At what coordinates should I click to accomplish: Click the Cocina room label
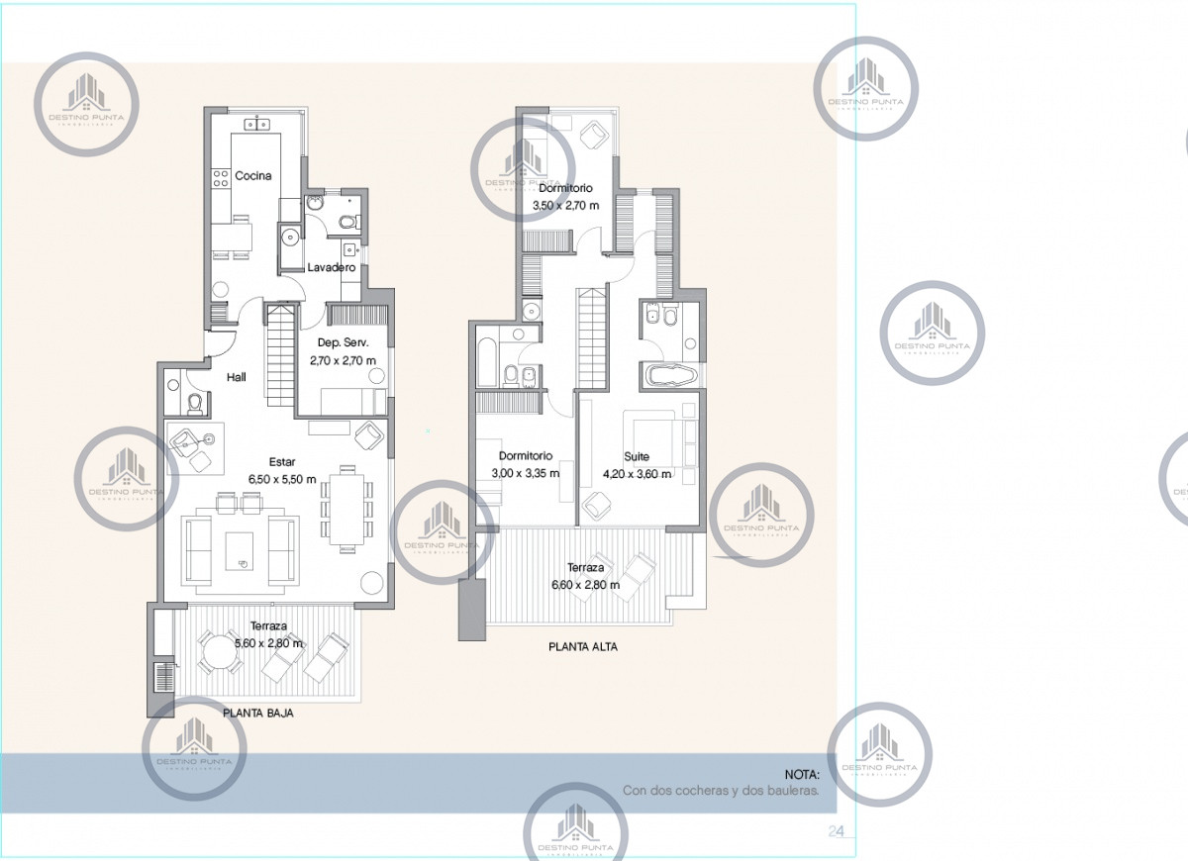click(253, 176)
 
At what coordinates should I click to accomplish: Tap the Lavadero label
click(331, 267)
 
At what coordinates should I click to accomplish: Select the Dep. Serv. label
click(343, 342)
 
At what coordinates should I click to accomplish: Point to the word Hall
click(236, 377)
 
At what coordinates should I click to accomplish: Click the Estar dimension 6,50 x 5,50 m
click(282, 479)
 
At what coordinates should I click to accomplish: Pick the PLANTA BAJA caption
click(258, 712)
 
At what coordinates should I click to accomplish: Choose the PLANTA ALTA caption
click(584, 646)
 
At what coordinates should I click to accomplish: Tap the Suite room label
click(637, 456)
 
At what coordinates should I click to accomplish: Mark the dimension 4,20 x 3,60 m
click(637, 474)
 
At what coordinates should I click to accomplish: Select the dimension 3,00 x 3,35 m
click(525, 473)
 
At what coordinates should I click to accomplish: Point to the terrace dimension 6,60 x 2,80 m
click(586, 585)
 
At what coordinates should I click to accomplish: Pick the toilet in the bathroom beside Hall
click(195, 402)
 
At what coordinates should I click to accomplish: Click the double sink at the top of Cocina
click(259, 126)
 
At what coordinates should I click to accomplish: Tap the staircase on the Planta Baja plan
click(281, 356)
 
